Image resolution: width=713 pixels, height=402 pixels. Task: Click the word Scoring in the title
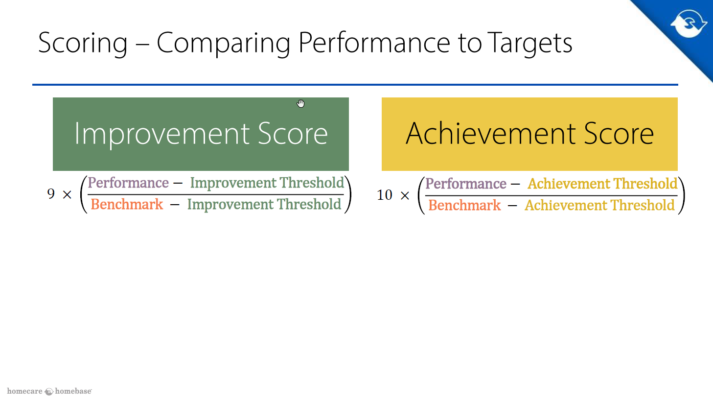pos(83,43)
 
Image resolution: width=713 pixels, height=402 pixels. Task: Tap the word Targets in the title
pos(529,43)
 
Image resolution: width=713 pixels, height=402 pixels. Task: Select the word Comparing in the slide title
pos(223,43)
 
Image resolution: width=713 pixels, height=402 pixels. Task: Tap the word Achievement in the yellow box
pos(490,134)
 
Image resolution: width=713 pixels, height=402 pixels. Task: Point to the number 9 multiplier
pos(51,193)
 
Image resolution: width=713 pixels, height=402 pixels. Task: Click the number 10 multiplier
pos(385,194)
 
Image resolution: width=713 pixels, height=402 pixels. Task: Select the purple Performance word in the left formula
pos(128,183)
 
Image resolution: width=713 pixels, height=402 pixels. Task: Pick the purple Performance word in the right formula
pos(466,184)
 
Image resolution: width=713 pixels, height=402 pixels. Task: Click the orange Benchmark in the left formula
pos(127,204)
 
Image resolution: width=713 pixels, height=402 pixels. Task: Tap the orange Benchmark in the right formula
pos(464,205)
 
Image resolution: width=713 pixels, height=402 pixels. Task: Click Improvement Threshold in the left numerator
pos(267,183)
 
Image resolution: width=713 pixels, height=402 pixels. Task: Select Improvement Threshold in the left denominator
pos(264,204)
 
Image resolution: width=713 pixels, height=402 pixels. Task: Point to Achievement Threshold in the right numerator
pos(602,184)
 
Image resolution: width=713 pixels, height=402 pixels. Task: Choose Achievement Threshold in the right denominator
pos(599,205)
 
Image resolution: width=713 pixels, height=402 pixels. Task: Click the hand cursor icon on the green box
pos(301,103)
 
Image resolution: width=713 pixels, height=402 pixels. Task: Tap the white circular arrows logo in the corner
pos(689,24)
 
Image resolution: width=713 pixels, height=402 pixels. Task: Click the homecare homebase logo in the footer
pos(49,391)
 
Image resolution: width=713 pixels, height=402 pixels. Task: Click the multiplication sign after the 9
pos(67,194)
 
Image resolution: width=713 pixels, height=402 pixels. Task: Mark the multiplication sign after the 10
pos(405,195)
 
